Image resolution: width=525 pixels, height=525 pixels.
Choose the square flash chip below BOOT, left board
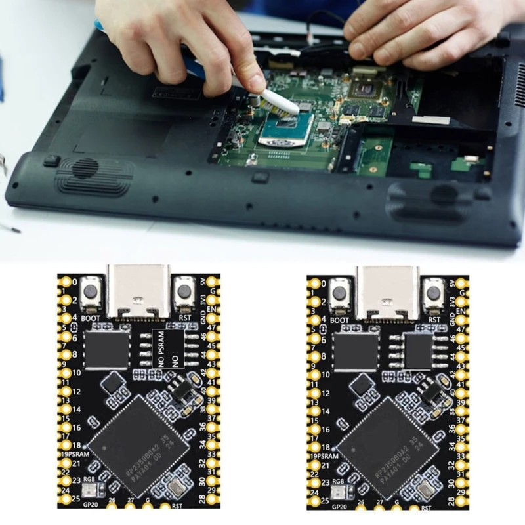pos(105,350)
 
